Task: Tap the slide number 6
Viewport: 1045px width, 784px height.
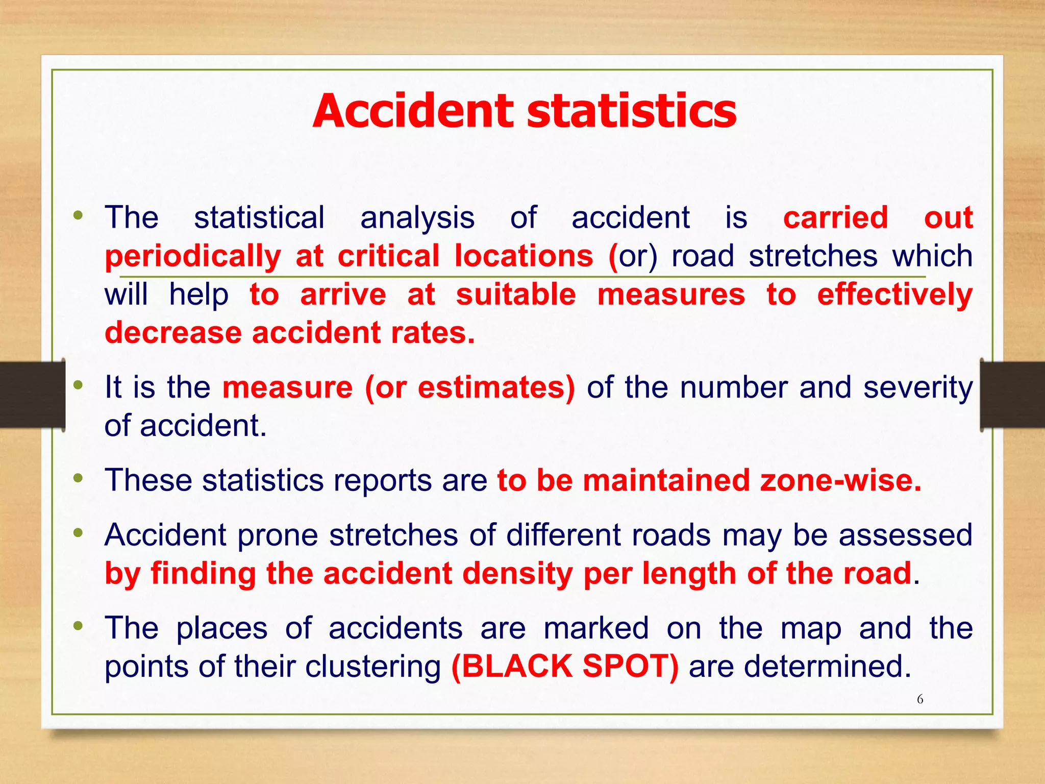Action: [920, 699]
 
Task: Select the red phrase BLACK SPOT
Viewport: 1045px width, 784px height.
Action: [565, 666]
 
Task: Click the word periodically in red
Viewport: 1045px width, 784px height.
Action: [193, 256]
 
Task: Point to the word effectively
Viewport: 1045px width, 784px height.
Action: [895, 295]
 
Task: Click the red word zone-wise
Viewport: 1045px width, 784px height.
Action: [841, 481]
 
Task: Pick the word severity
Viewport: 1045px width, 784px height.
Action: [918, 387]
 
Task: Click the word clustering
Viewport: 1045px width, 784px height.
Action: [373, 667]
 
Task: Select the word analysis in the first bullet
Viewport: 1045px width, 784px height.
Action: [417, 218]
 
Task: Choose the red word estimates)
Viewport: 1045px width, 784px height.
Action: [496, 387]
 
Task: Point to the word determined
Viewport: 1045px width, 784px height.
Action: [827, 667]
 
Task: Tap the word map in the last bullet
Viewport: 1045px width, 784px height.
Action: [811, 628]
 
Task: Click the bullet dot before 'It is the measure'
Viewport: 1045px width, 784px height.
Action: [78, 385]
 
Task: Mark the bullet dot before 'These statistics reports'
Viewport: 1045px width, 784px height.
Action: [78, 478]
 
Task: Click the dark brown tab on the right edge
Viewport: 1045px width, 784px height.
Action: [1012, 395]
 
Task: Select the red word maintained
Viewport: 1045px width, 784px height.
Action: [666, 481]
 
